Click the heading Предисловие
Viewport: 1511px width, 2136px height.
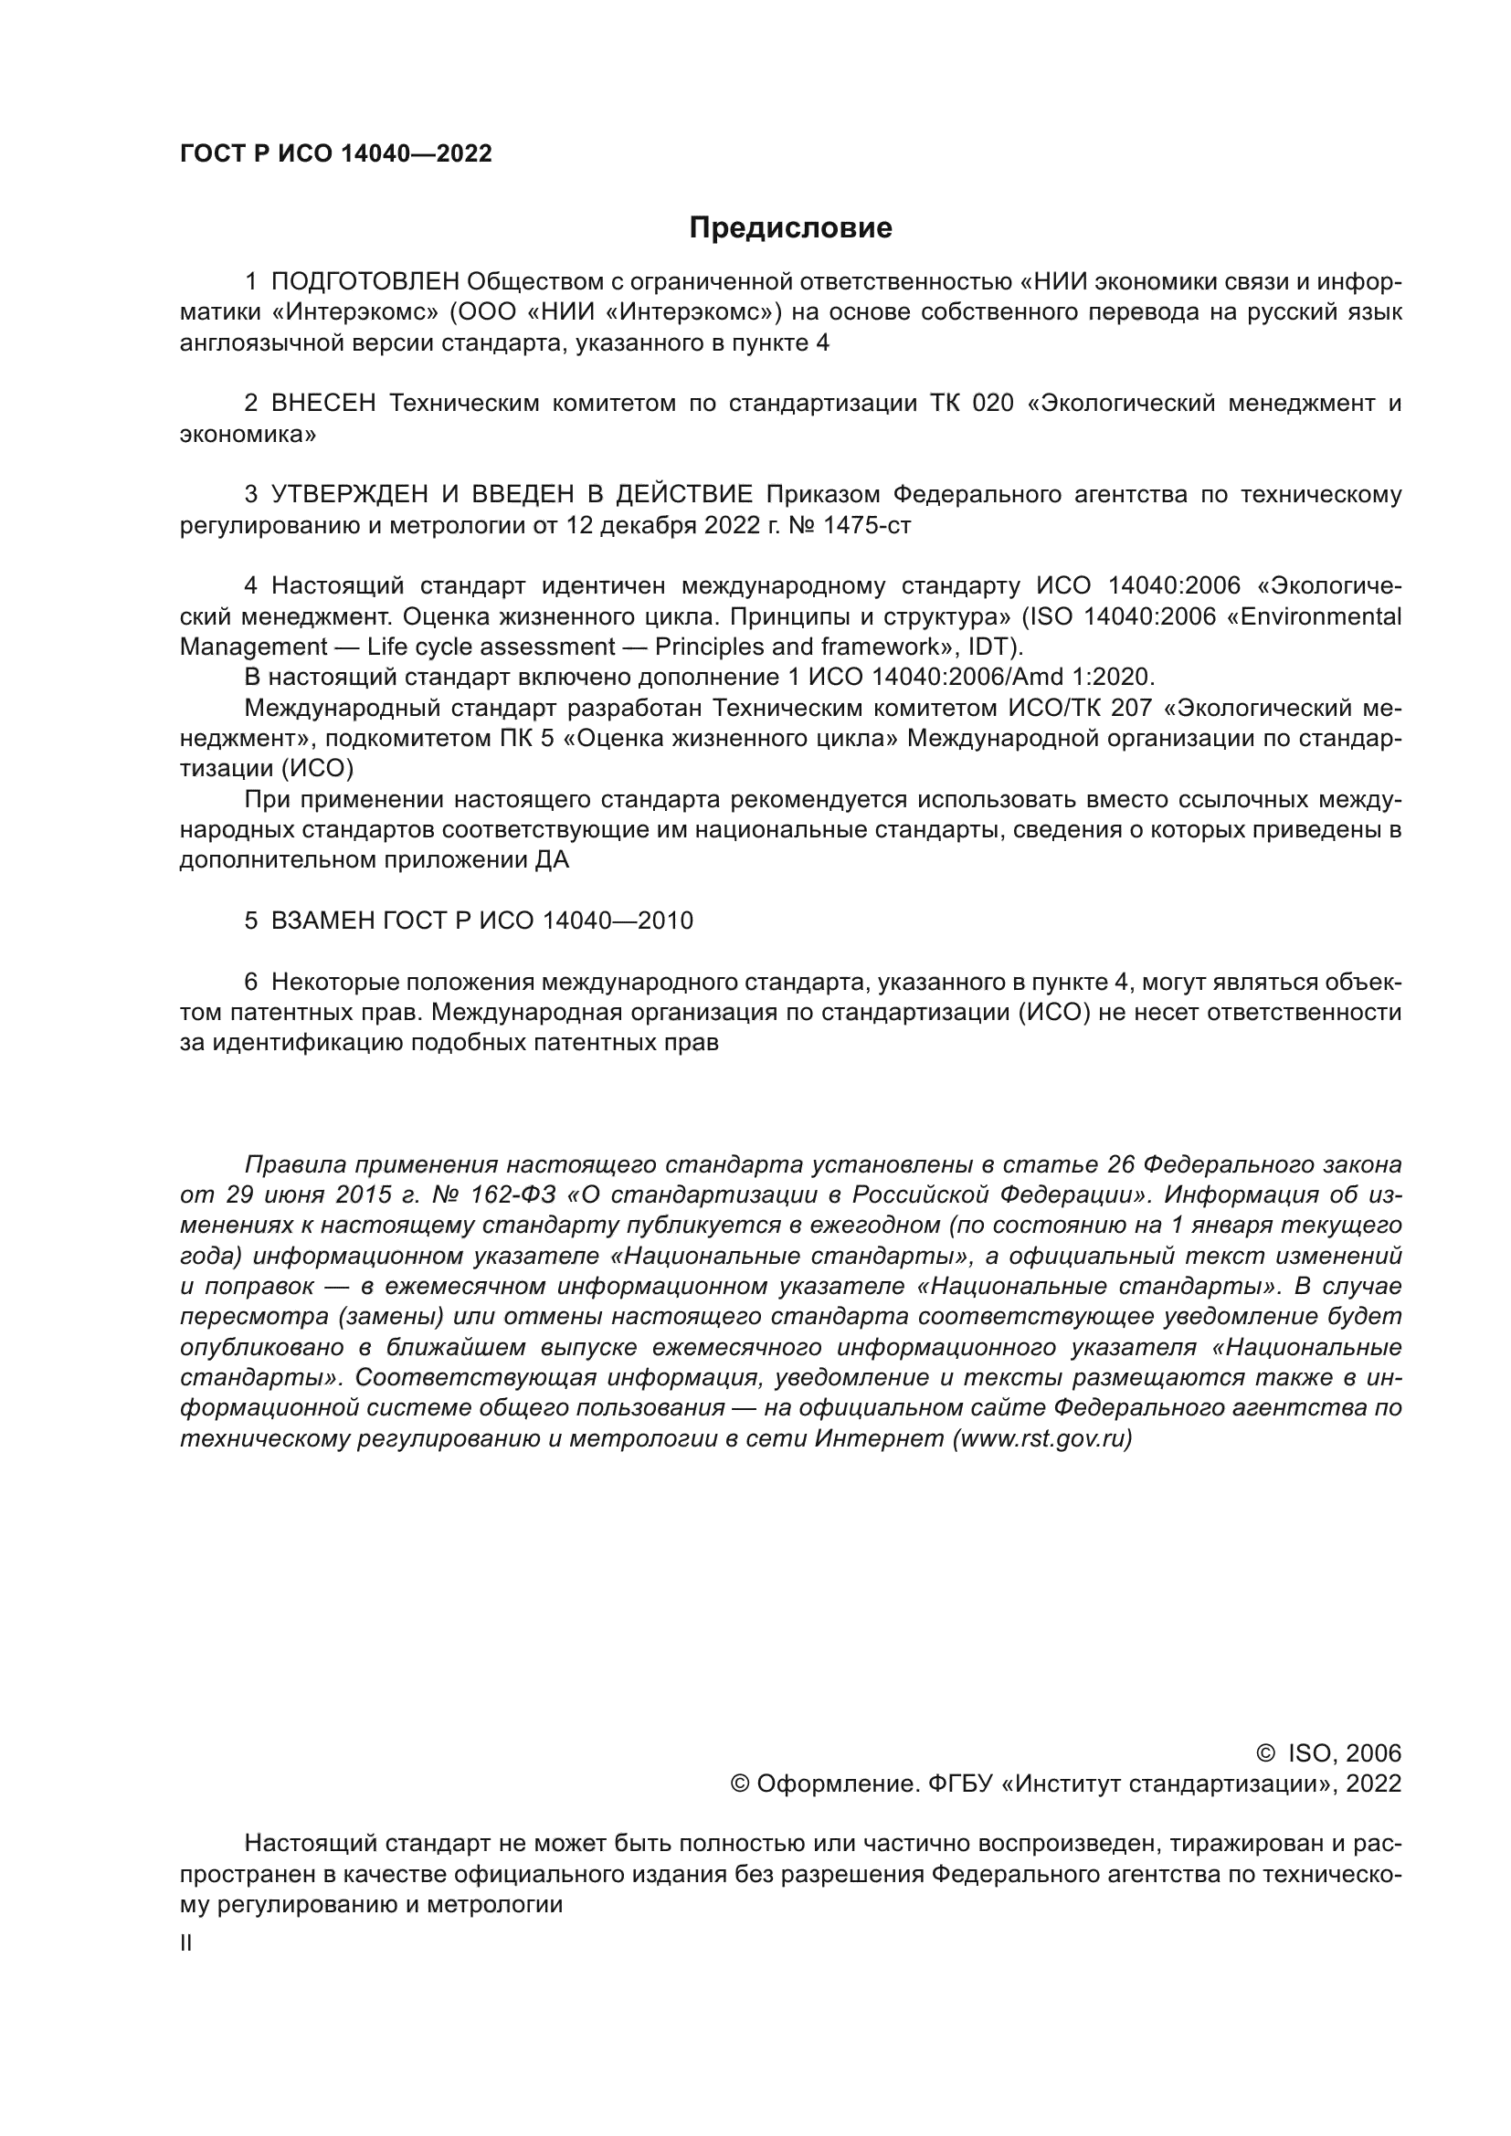click(x=790, y=228)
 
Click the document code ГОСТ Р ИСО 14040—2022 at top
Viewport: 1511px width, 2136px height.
click(x=335, y=154)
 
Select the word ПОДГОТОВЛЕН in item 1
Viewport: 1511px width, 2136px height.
click(x=365, y=282)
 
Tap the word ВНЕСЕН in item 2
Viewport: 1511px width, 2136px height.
click(x=323, y=404)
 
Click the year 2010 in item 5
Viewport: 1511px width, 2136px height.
click(x=665, y=921)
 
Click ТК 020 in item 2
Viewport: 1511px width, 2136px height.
click(x=971, y=404)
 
